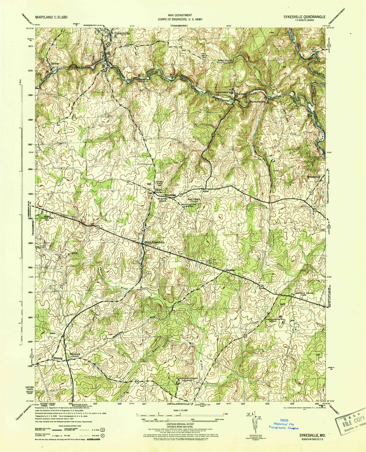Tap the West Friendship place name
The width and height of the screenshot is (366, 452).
(x=155, y=242)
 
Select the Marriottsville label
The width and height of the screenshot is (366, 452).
(x=257, y=102)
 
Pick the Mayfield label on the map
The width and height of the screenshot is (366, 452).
(x=230, y=270)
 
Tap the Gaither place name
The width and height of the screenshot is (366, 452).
(x=55, y=64)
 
